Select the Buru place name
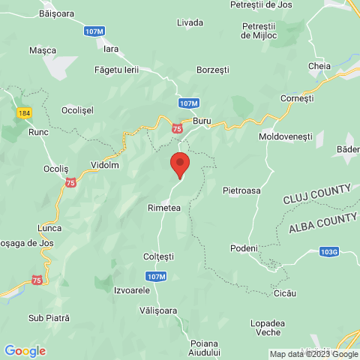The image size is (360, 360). pos(202,120)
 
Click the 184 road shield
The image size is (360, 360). pos(24,112)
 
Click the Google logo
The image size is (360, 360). pos(25,350)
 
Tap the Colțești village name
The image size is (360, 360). pos(159,256)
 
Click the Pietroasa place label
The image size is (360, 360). pos(241,190)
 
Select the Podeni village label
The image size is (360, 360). pos(244,248)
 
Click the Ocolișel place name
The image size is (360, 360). pos(76,109)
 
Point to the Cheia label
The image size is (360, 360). pos(319,66)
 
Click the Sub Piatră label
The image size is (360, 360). pos(49,318)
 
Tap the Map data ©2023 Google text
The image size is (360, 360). pos(314,354)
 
